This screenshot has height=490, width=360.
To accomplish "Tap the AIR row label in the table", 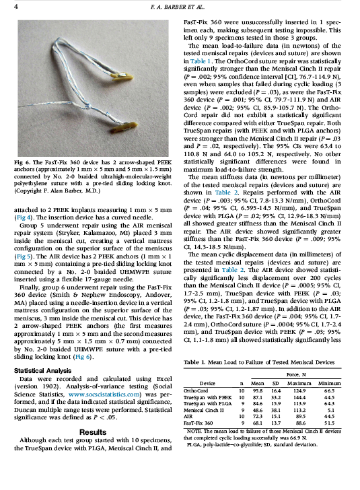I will [x=189, y=417].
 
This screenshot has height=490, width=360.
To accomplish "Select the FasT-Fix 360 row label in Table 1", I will [x=200, y=423].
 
